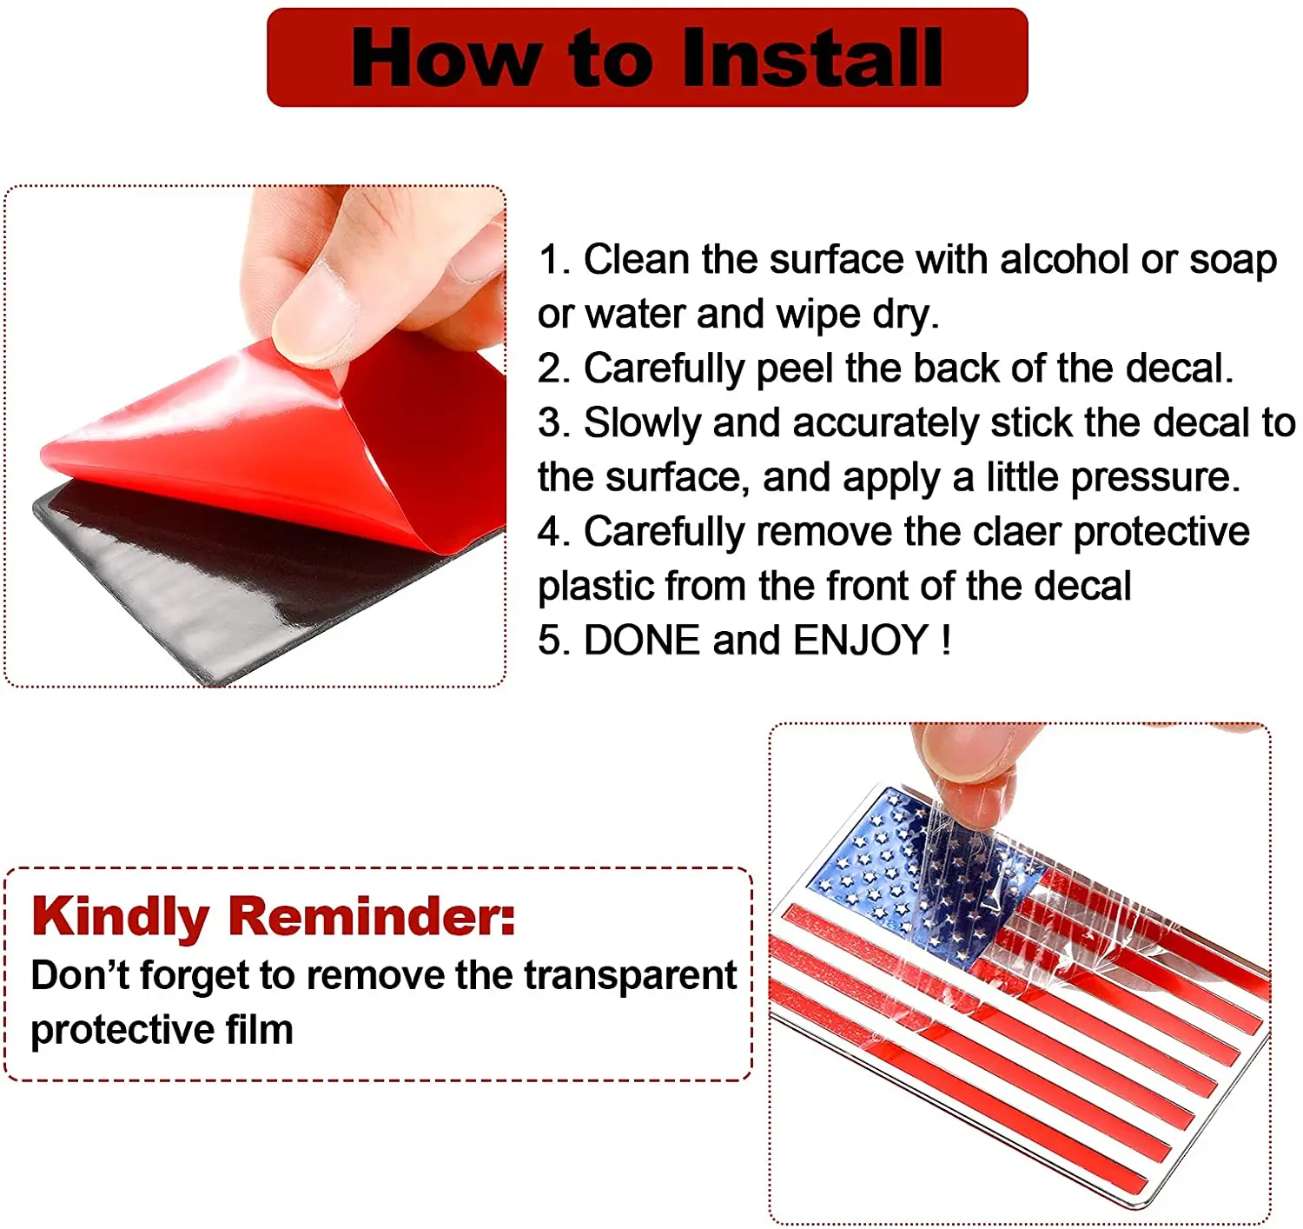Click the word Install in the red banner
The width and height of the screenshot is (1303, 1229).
coord(812,57)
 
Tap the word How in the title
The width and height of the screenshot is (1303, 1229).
coord(446,57)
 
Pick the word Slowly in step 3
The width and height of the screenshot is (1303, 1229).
coord(642,423)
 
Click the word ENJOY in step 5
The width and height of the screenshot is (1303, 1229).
coord(860,640)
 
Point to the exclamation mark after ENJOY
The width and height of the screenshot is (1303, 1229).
coord(945,640)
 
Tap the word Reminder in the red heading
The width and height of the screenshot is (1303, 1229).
coord(372,917)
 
